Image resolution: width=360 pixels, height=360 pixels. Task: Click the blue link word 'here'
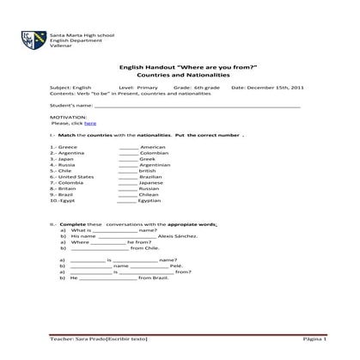(x=89, y=124)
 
